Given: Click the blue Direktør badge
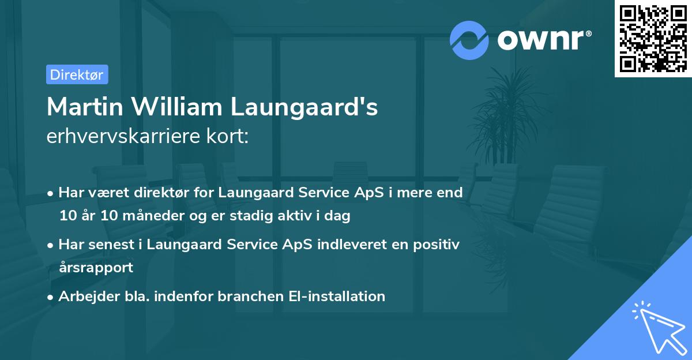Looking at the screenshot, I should (x=77, y=74).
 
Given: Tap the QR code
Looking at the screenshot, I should (x=653, y=38).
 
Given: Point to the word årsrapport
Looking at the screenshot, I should (x=96, y=267).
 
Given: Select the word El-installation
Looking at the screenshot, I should (x=337, y=297).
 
